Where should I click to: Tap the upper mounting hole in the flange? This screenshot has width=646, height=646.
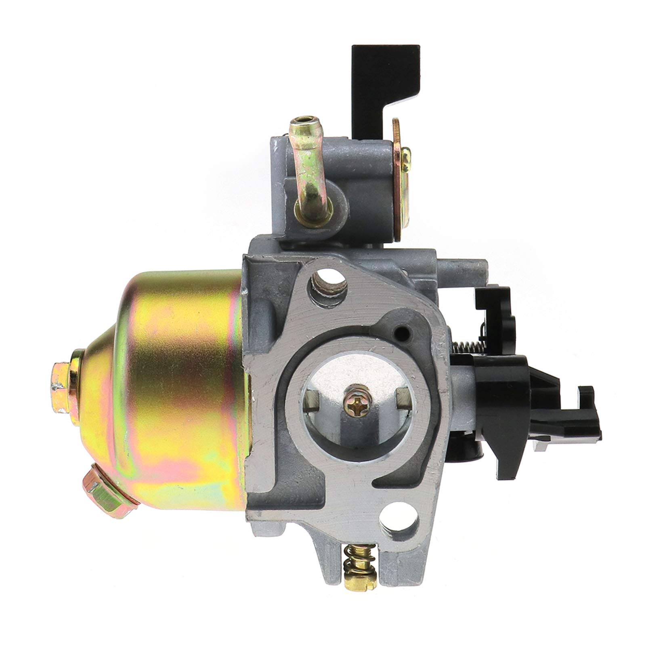[x=328, y=284]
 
